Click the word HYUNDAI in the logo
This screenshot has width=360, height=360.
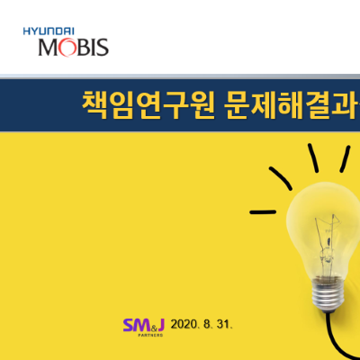tap(49, 31)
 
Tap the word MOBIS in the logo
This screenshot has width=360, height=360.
tap(74, 48)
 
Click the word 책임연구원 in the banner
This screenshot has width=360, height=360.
tap(148, 104)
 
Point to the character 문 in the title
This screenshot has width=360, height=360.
tap(237, 104)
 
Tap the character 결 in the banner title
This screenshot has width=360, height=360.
tap(318, 104)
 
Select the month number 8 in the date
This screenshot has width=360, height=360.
tap(207, 324)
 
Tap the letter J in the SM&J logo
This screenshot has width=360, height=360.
tap(160, 325)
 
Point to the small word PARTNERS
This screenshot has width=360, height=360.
tap(150, 335)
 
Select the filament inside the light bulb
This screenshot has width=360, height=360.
tap(328, 243)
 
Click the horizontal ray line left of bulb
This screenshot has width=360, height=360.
tap(263, 212)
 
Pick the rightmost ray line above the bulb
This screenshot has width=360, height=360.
tap(345, 159)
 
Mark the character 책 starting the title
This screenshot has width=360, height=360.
tap(94, 104)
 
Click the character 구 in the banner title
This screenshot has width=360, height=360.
tap(175, 104)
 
